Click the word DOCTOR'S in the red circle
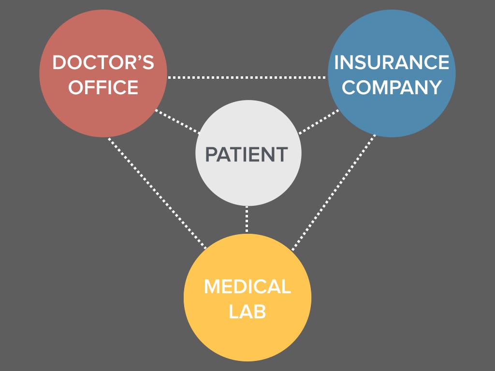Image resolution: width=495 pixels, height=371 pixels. (103, 63)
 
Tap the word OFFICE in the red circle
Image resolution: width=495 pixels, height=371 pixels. (103, 87)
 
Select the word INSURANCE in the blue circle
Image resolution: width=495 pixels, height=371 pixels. (392, 62)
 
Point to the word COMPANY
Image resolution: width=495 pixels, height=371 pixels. (392, 87)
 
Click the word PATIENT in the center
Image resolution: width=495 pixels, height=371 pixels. (247, 154)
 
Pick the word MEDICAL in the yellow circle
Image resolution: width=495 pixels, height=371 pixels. (247, 286)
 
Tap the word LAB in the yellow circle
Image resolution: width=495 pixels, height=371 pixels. (247, 312)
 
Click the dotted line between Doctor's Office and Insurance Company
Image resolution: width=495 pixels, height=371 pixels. (247, 77)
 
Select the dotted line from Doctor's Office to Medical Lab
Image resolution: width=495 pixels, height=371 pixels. (157, 193)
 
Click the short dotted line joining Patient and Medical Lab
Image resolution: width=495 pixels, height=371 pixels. (247, 220)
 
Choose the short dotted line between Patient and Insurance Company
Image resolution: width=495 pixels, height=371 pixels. (319, 121)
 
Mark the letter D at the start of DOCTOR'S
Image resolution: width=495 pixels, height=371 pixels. (59, 63)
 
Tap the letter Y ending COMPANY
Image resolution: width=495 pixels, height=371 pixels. (435, 87)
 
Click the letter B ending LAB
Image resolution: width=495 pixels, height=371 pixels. (260, 312)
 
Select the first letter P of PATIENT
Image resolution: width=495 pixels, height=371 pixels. (211, 154)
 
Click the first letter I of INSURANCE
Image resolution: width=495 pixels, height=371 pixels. (337, 62)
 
